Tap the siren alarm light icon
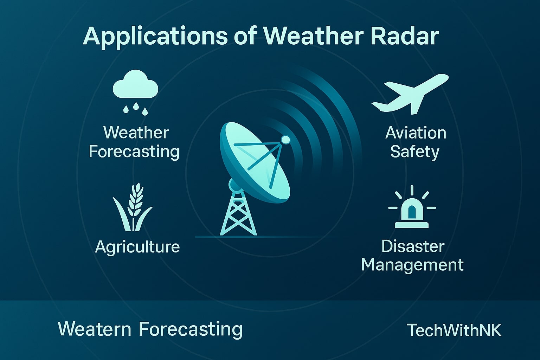(x=412, y=210)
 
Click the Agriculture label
(x=137, y=247)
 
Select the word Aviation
(x=416, y=133)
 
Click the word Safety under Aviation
(x=414, y=152)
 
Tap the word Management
(x=412, y=265)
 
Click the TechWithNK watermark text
(x=454, y=330)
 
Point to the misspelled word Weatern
(x=94, y=329)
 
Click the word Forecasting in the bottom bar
(x=191, y=329)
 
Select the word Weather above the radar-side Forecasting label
(x=136, y=133)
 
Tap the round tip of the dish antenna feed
(x=285, y=140)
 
